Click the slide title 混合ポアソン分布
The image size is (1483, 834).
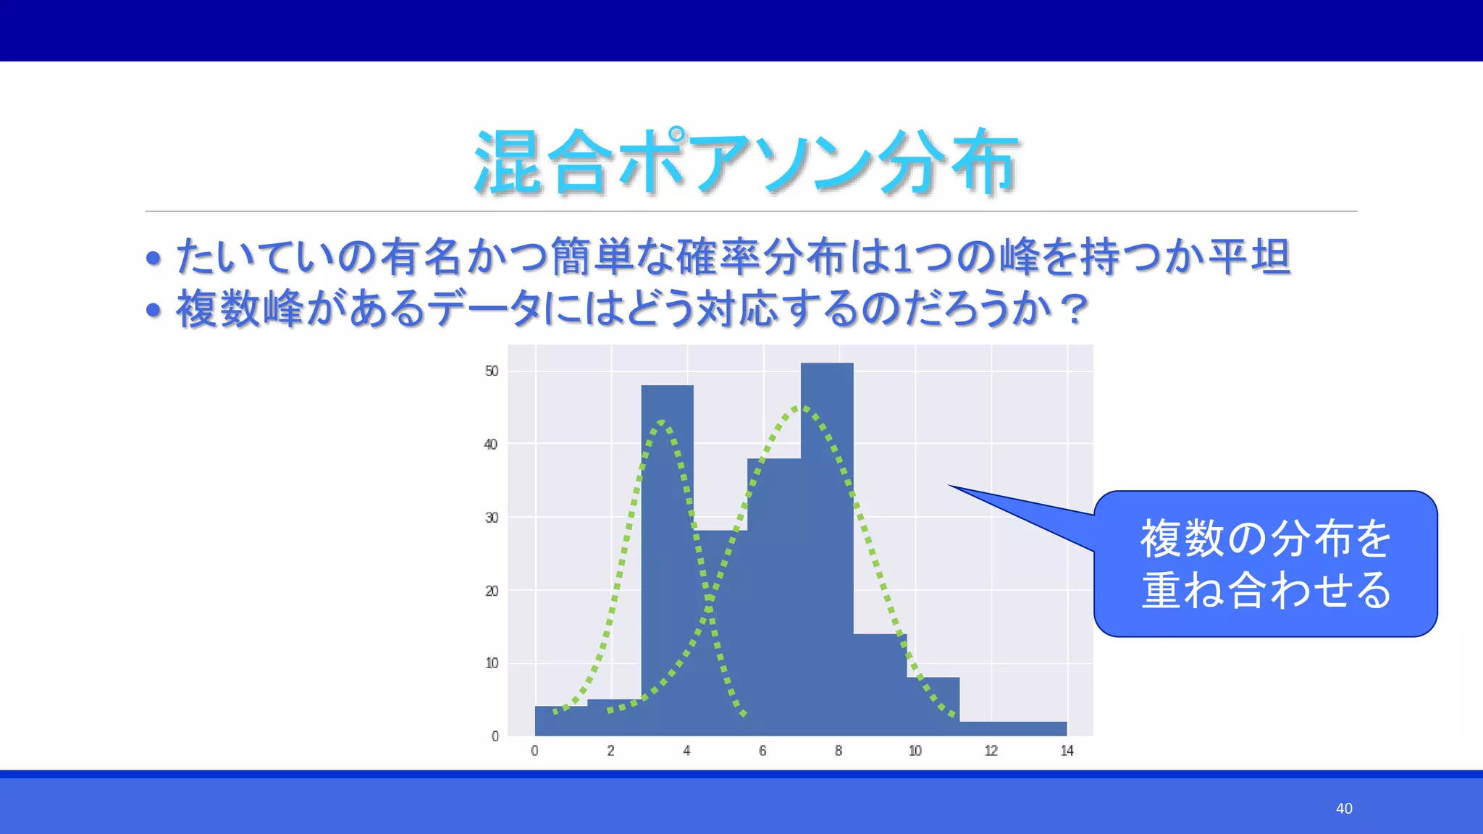[746, 163]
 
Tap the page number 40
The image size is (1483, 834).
[1344, 809]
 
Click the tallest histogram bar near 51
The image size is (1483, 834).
[827, 550]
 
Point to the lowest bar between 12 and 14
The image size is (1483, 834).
[1013, 728]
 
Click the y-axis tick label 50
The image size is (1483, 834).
[492, 371]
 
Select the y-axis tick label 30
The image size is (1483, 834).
[492, 518]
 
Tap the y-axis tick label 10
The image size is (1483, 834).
[492, 663]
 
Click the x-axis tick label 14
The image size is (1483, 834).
[1067, 751]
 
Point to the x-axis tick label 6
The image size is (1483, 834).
[762, 751]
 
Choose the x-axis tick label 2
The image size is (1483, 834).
[610, 751]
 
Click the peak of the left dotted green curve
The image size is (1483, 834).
[662, 422]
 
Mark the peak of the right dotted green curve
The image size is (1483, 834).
[801, 408]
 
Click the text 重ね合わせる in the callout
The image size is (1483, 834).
[1266, 590]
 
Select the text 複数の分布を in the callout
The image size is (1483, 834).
[1266, 539]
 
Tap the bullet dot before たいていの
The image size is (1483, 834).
[153, 258]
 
